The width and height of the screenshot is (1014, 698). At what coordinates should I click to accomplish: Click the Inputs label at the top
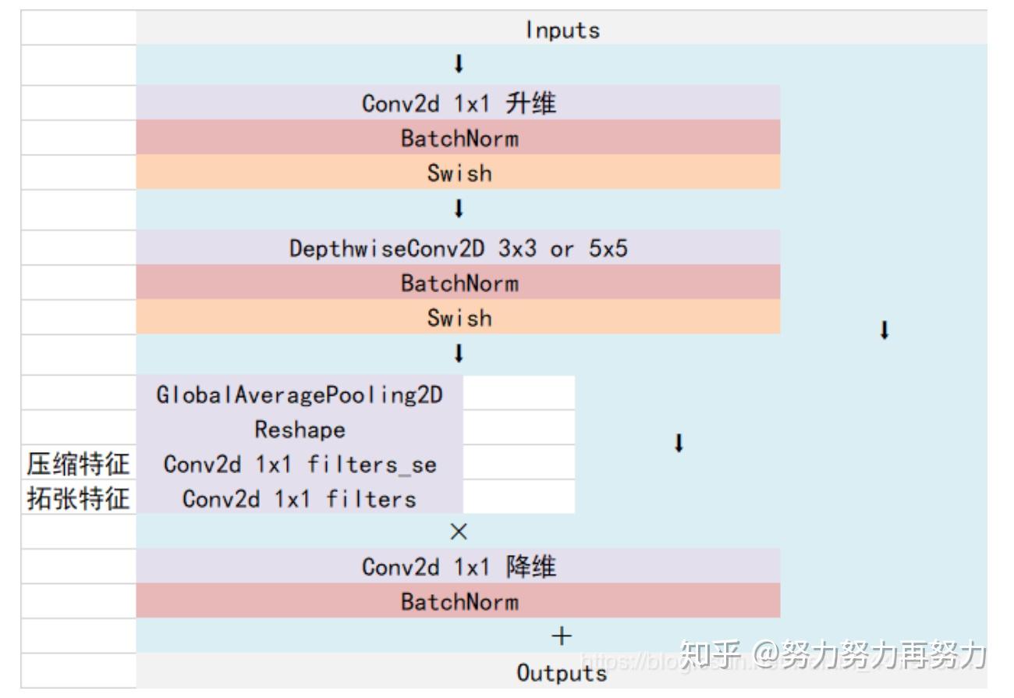tap(562, 30)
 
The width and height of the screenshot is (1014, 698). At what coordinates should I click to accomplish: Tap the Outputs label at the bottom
tap(562, 672)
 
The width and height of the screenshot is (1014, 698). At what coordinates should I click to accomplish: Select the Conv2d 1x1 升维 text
tap(459, 103)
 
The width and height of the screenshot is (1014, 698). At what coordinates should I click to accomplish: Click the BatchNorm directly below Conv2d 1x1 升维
tap(459, 138)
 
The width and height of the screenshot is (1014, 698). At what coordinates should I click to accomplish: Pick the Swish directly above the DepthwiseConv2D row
tap(459, 173)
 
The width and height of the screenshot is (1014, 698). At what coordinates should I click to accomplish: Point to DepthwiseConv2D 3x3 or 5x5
tap(459, 248)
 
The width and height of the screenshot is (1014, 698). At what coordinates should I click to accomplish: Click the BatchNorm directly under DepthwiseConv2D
tap(459, 283)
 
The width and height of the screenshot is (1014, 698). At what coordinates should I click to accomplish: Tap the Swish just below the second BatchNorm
tap(459, 318)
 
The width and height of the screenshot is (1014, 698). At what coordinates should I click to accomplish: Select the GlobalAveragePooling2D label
tap(300, 394)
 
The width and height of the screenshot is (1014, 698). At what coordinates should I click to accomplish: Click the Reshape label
tap(300, 429)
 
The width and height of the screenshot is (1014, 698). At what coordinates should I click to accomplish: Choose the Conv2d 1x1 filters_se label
tap(300, 465)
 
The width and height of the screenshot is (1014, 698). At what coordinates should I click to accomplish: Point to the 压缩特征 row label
tap(78, 465)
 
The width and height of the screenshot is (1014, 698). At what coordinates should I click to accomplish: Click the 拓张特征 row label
tap(78, 499)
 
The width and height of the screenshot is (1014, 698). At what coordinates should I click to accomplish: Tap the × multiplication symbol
tap(459, 532)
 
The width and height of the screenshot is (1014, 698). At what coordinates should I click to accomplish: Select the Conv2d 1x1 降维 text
tap(459, 567)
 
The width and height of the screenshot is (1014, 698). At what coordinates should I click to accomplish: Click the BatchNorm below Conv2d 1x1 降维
tap(459, 602)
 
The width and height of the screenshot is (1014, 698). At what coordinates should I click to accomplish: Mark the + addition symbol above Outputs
tap(562, 636)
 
